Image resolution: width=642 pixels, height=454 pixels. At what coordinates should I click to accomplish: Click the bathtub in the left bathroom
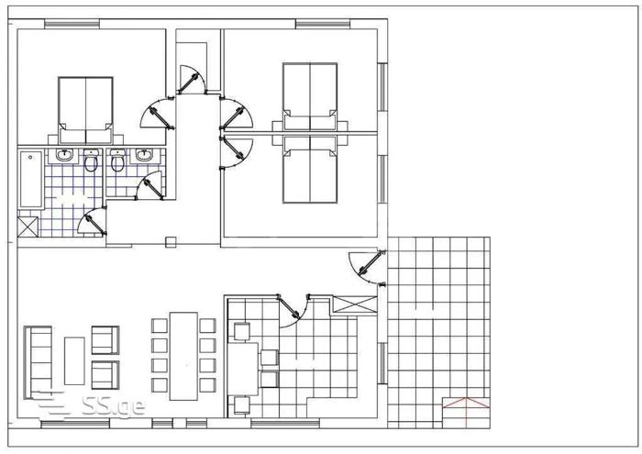click(x=30, y=180)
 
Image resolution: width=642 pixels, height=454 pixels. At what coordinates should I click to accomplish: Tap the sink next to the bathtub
click(x=65, y=155)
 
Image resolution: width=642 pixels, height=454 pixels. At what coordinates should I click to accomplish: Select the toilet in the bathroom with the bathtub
click(x=91, y=161)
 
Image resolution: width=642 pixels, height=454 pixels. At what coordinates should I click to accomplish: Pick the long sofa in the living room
click(x=39, y=362)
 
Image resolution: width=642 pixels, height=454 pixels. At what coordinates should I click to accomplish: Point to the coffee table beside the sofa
click(x=74, y=361)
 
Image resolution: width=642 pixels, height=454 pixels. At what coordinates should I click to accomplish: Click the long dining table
click(x=183, y=356)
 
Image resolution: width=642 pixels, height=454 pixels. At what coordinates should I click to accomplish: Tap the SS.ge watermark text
click(x=113, y=405)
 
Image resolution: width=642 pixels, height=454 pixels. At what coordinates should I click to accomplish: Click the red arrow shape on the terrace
click(x=466, y=404)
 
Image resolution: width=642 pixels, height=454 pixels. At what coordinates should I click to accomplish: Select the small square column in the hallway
click(x=171, y=242)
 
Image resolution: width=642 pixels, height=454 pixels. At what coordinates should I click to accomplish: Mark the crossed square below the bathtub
click(x=28, y=227)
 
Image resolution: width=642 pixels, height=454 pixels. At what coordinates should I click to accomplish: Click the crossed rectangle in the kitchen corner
click(x=355, y=305)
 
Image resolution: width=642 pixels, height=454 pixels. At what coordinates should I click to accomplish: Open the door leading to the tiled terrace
click(x=367, y=268)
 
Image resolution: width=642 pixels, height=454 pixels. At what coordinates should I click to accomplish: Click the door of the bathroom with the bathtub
click(x=93, y=221)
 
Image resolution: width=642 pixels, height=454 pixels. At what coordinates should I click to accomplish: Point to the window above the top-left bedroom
click(x=72, y=24)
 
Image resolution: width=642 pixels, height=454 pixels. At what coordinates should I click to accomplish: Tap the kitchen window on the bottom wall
click(x=285, y=424)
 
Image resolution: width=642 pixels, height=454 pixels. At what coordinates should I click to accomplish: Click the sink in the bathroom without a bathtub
click(x=143, y=155)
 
